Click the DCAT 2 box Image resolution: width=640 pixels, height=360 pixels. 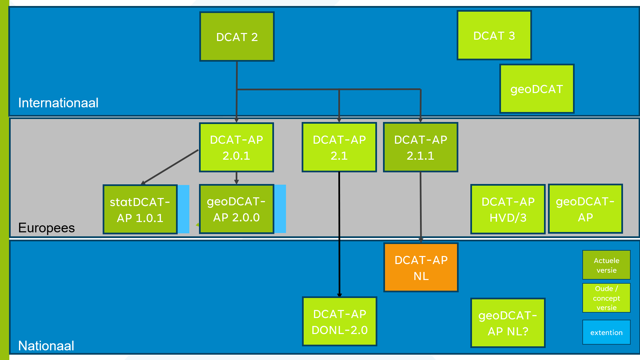[237, 37]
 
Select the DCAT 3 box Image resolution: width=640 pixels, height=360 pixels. [494, 35]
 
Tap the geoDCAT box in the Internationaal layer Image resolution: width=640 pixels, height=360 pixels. [537, 89]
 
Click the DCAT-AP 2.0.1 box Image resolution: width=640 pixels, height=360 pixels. [236, 147]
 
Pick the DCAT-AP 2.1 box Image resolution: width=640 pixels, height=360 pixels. [339, 147]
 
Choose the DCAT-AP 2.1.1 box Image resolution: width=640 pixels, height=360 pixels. [420, 147]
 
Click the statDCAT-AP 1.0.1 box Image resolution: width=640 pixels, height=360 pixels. [140, 209]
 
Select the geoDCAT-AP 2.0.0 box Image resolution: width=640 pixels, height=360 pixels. [236, 209]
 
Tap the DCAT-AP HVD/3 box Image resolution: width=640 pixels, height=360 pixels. [508, 209]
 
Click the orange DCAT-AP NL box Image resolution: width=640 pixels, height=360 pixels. [421, 268]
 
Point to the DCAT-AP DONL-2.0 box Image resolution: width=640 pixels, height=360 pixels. [339, 322]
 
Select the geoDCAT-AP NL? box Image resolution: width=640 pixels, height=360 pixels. [508, 323]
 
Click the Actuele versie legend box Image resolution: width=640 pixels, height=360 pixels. [606, 265]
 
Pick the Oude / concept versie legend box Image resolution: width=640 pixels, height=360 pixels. [606, 298]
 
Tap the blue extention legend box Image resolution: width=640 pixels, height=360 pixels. [606, 332]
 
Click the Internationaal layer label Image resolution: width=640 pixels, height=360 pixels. [58, 103]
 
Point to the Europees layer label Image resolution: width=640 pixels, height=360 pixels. [46, 228]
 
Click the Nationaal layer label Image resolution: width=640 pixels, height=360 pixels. [46, 346]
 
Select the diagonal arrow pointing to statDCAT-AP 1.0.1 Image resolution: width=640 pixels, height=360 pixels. [170, 167]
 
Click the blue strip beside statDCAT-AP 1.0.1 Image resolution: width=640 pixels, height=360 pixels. [183, 209]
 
